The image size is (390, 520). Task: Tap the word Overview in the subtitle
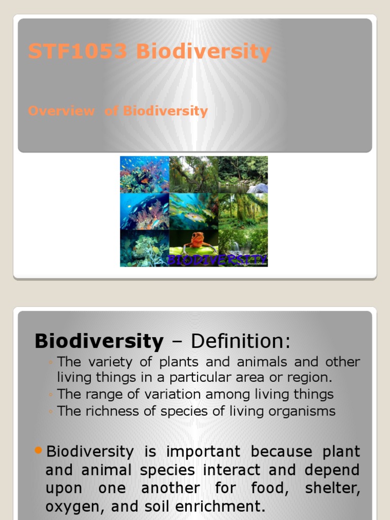click(x=61, y=111)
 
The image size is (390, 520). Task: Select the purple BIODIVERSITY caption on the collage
click(x=217, y=259)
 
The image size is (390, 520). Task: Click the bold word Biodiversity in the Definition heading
click(x=99, y=341)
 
